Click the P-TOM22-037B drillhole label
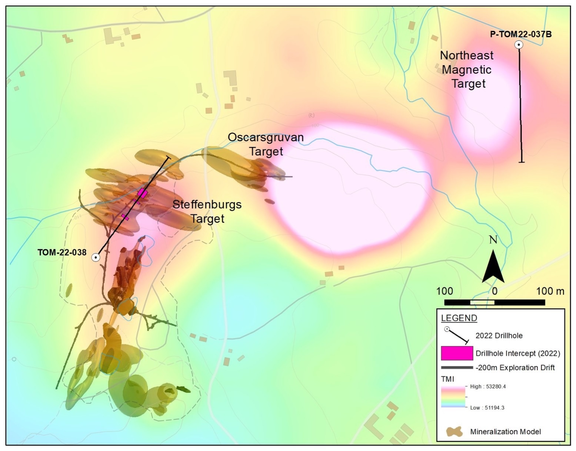(521, 34)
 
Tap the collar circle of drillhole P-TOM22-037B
(519, 45)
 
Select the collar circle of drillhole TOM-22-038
(96, 258)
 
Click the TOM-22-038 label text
(62, 253)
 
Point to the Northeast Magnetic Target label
(467, 70)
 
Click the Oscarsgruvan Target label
(266, 144)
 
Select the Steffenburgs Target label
(207, 211)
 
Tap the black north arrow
(493, 266)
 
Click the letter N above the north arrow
(493, 240)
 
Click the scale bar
(495, 302)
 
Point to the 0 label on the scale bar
(495, 291)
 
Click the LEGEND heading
(459, 318)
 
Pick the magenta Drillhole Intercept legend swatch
(457, 353)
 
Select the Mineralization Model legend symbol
(454, 431)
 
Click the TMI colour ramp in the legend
(453, 397)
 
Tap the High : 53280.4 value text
(488, 387)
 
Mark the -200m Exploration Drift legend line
(457, 368)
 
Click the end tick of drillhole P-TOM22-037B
(522, 162)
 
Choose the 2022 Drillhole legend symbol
(457, 335)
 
